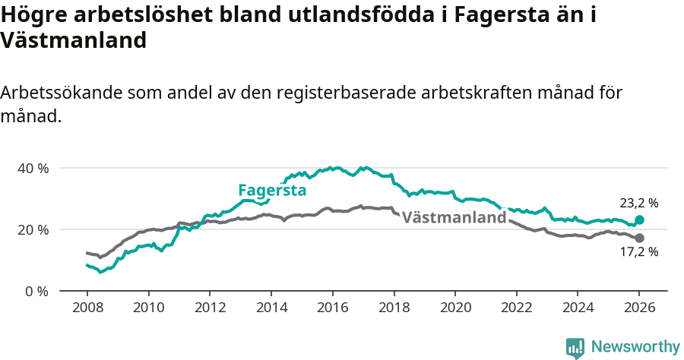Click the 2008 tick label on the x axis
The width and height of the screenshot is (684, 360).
tap(87, 310)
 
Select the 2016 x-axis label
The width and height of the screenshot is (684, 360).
tap(332, 310)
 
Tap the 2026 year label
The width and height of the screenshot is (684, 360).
tap(639, 310)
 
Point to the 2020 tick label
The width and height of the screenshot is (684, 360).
tap(454, 310)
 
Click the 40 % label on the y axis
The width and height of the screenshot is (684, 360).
tap(33, 168)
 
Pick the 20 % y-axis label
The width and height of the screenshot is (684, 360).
tap(33, 229)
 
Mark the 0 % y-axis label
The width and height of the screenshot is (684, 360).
tap(36, 291)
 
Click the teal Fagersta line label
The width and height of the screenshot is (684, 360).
tap(272, 190)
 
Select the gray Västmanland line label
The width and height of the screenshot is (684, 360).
tap(454, 217)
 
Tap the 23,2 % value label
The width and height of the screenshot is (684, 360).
tap(638, 203)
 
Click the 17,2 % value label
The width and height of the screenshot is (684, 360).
tap(638, 252)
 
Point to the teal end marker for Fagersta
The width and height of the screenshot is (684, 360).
tap(639, 219)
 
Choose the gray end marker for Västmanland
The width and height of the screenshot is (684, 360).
tap(639, 238)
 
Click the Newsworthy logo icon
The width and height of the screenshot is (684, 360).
tap(575, 347)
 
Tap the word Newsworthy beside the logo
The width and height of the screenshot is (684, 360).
tap(635, 347)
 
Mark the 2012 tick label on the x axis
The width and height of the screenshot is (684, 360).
tap(210, 310)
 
